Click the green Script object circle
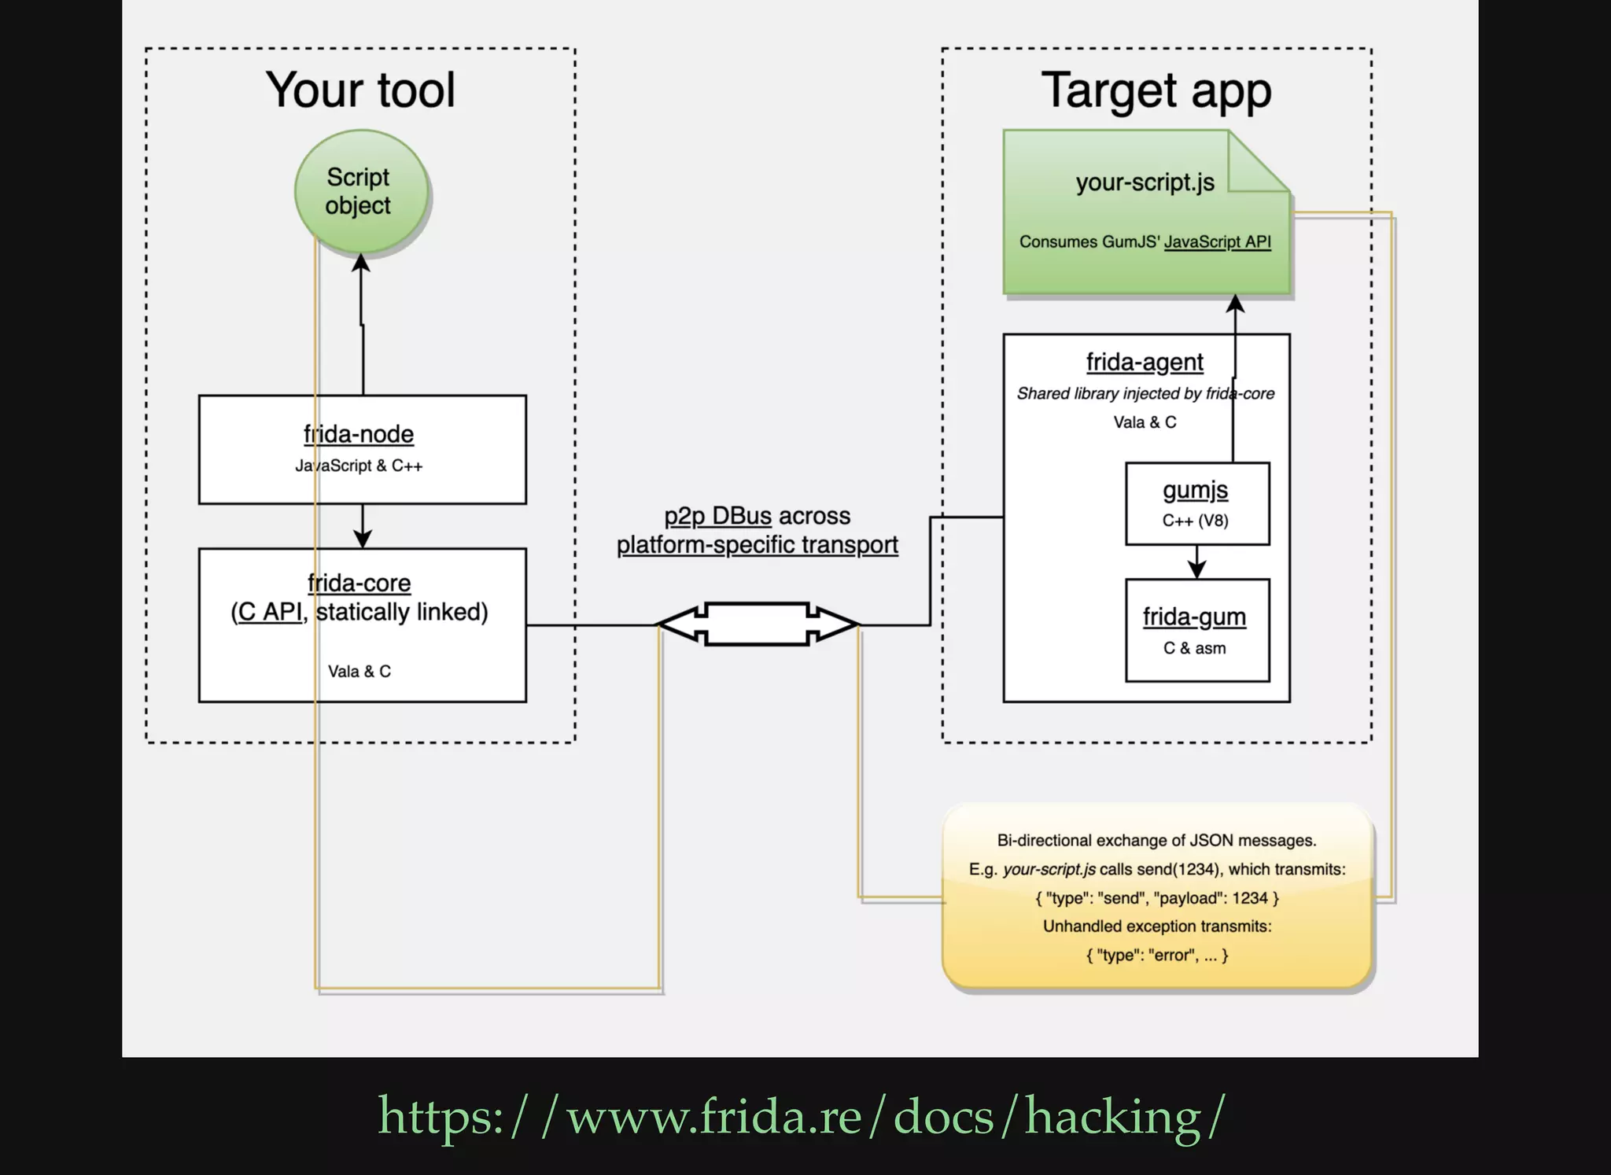pyautogui.click(x=360, y=191)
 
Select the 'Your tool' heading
pyautogui.click(x=360, y=90)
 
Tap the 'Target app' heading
pyautogui.click(x=1156, y=90)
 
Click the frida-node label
pyautogui.click(x=359, y=434)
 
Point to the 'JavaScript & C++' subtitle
pyautogui.click(x=359, y=466)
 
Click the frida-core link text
pyautogui.click(x=359, y=583)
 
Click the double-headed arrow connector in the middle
pyautogui.click(x=758, y=624)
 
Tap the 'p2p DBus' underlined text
pyautogui.click(x=717, y=516)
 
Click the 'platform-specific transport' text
pyautogui.click(x=757, y=544)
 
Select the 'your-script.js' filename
pyautogui.click(x=1145, y=182)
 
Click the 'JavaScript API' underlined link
pyautogui.click(x=1217, y=242)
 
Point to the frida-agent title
pyautogui.click(x=1145, y=362)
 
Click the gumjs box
pyautogui.click(x=1196, y=503)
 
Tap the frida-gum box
pyautogui.click(x=1196, y=630)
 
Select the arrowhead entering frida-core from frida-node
pyautogui.click(x=362, y=539)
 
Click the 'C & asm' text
pyautogui.click(x=1194, y=648)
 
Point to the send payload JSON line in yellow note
pyautogui.click(x=1156, y=898)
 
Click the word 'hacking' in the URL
pyautogui.click(x=1112, y=1117)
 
